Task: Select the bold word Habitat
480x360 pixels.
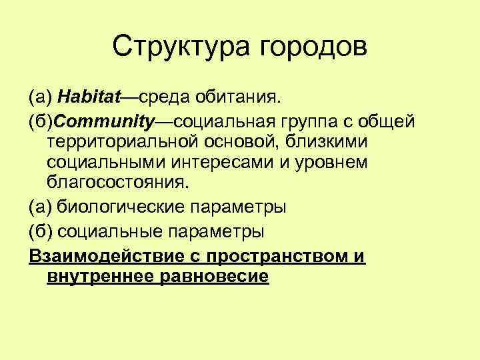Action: (88, 98)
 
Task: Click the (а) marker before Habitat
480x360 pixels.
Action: (39, 99)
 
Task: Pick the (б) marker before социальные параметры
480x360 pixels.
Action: (39, 231)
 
